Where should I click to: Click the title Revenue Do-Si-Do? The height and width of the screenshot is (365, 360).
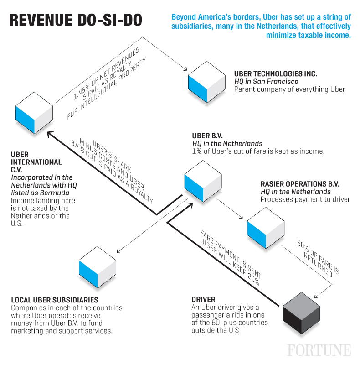pos(75,21)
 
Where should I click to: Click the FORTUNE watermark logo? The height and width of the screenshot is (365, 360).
pos(319,350)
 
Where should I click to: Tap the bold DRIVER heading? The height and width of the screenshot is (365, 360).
pos(203,300)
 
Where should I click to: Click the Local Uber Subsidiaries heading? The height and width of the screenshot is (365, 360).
pos(54,300)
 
